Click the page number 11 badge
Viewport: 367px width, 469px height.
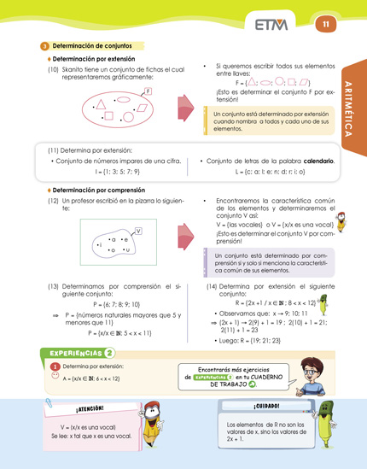coord(325,25)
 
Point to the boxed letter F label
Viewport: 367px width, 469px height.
coord(149,91)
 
